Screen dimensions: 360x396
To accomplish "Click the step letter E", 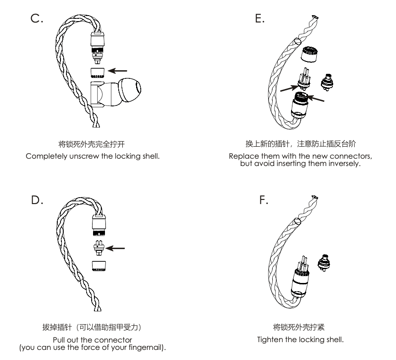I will [x=259, y=20].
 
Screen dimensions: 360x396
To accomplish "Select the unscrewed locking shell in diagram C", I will [x=99, y=72].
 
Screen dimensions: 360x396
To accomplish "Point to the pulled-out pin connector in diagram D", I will [x=99, y=247].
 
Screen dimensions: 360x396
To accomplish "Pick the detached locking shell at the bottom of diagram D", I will [x=99, y=266].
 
